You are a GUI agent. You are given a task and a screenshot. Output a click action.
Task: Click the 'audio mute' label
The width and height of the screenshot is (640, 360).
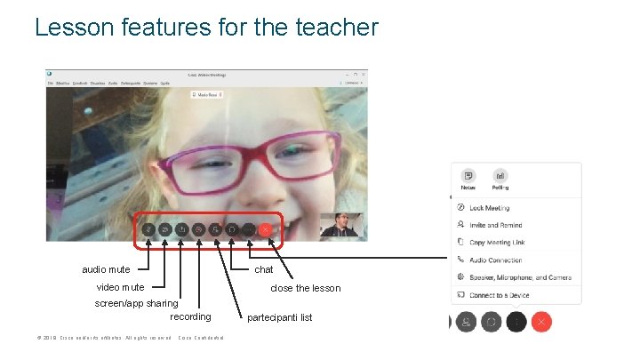pyautogui.click(x=106, y=269)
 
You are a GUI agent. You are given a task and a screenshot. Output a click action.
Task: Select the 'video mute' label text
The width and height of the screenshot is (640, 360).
pyautogui.click(x=120, y=287)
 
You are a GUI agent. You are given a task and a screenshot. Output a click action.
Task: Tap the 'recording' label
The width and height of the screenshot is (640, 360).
pyautogui.click(x=190, y=316)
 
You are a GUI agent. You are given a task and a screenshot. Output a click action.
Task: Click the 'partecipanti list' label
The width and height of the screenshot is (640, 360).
pyautogui.click(x=279, y=317)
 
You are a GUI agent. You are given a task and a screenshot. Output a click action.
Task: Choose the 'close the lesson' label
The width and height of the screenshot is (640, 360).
pyautogui.click(x=305, y=288)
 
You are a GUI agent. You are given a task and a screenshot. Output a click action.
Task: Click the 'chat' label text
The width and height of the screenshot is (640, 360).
pyautogui.click(x=263, y=269)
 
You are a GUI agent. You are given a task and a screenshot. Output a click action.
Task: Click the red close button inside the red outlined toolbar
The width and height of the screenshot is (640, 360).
pyautogui.click(x=265, y=229)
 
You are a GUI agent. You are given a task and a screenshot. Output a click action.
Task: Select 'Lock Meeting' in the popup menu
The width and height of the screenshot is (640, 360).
pyautogui.click(x=489, y=208)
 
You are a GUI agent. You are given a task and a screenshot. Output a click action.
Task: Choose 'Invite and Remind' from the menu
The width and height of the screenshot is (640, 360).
pyautogui.click(x=495, y=225)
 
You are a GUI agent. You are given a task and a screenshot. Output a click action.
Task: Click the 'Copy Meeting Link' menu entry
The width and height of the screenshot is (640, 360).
pyautogui.click(x=497, y=243)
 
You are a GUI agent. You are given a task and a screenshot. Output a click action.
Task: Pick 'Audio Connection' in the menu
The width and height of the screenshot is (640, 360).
pyautogui.click(x=495, y=260)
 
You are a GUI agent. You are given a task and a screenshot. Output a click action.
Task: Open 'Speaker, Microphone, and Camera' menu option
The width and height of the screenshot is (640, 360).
pyautogui.click(x=520, y=277)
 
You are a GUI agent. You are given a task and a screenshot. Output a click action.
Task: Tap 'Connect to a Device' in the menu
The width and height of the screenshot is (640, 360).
pyautogui.click(x=499, y=295)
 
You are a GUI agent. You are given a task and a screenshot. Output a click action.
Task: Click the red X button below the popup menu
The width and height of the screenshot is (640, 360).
pyautogui.click(x=542, y=322)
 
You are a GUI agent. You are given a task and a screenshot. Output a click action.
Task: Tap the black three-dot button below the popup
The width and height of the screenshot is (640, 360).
pyautogui.click(x=516, y=322)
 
